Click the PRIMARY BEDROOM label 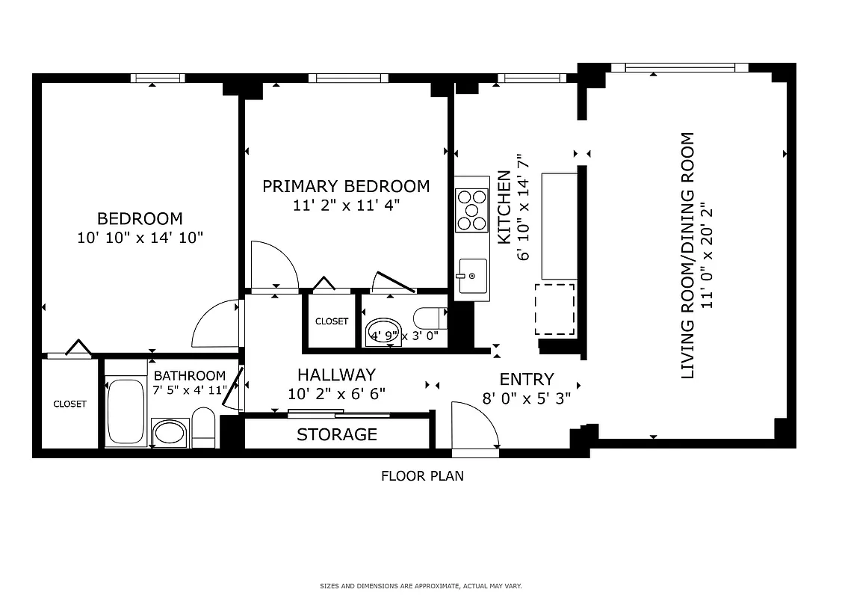click(346, 186)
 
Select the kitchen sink click(471, 276)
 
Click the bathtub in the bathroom click(126, 413)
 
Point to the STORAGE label click(337, 434)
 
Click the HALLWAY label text click(336, 374)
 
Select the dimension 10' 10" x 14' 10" click(140, 238)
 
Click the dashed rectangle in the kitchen click(554, 309)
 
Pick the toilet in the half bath click(430, 318)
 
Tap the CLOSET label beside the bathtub click(69, 404)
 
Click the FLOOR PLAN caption click(422, 475)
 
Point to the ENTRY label click(527, 379)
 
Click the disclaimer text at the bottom click(422, 586)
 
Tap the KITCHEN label click(504, 208)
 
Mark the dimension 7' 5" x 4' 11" click(190, 390)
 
